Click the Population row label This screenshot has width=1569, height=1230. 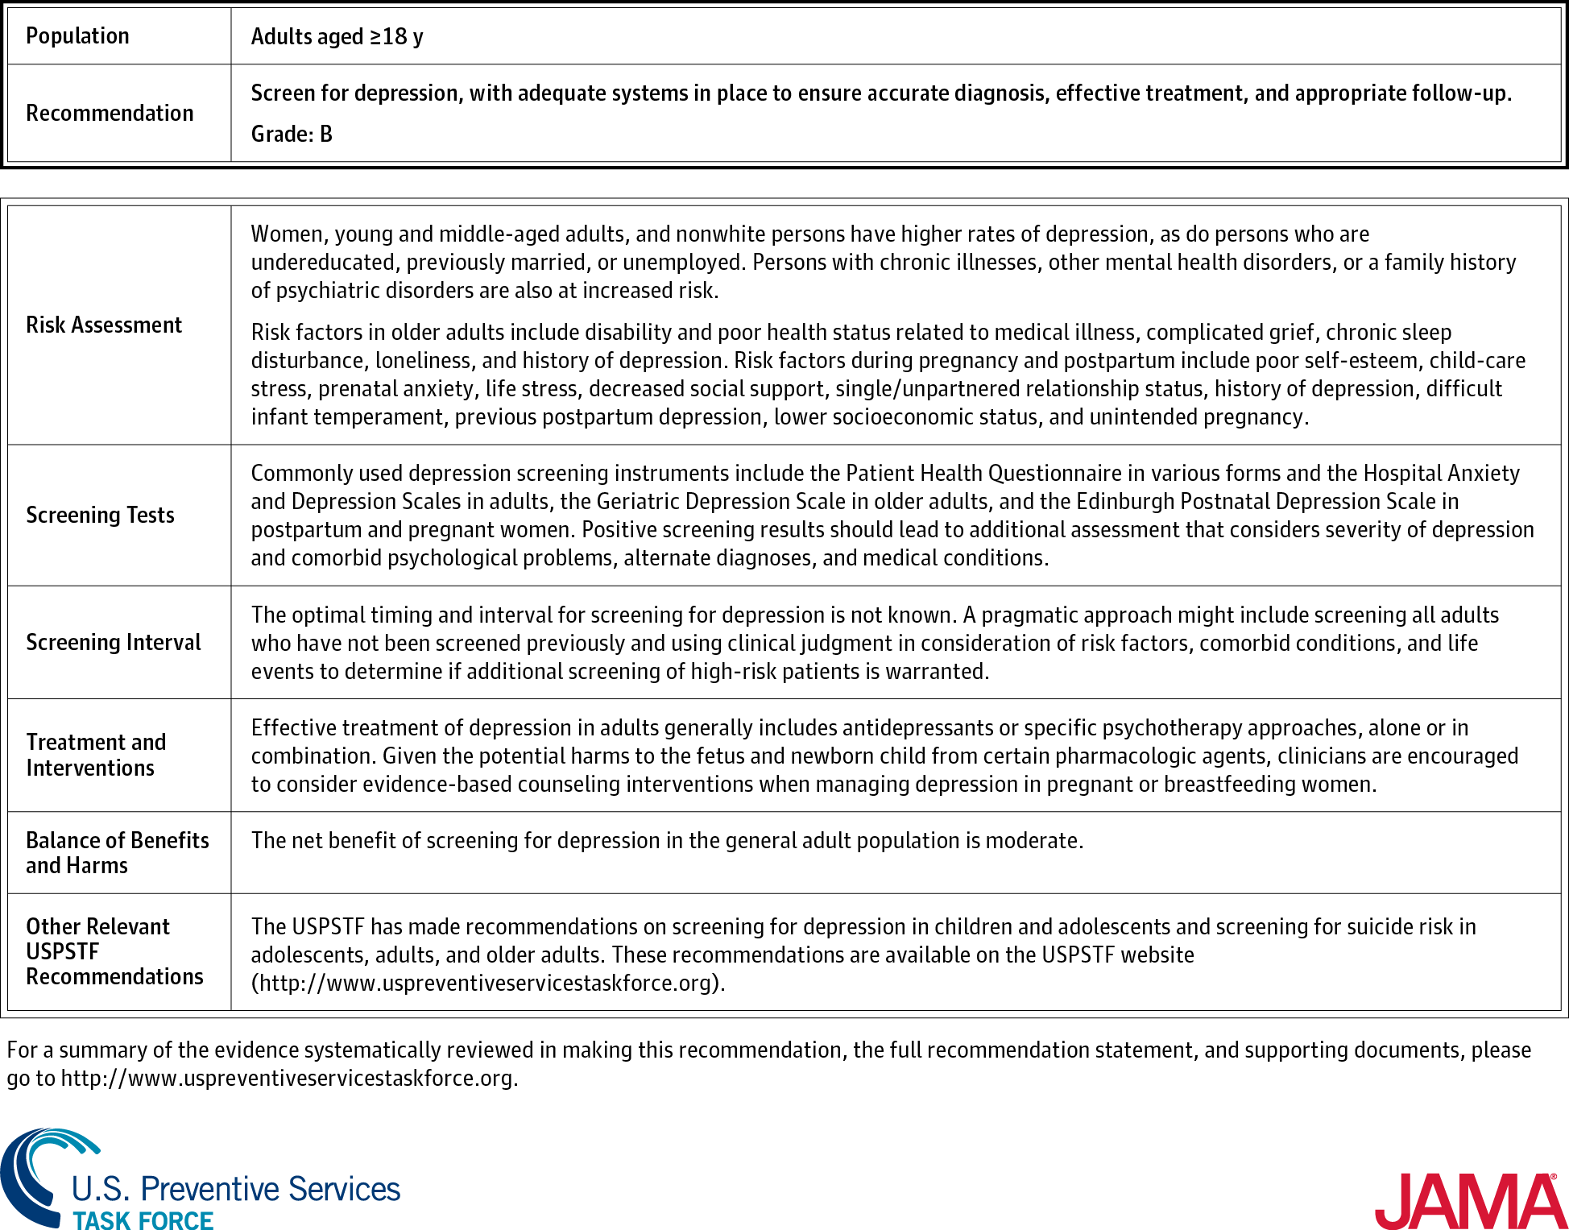[x=77, y=36]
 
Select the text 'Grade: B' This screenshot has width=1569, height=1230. [x=292, y=134]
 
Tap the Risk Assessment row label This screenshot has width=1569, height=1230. [x=104, y=325]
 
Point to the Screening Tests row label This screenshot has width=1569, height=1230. [x=100, y=515]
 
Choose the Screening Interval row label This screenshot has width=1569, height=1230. [x=114, y=642]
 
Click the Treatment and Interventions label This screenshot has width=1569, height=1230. [x=96, y=755]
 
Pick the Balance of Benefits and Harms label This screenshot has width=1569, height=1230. [x=117, y=852]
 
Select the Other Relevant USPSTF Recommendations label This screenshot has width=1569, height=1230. [x=114, y=951]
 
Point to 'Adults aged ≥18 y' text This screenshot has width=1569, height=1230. [x=337, y=36]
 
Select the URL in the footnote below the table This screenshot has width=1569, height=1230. [x=288, y=1078]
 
